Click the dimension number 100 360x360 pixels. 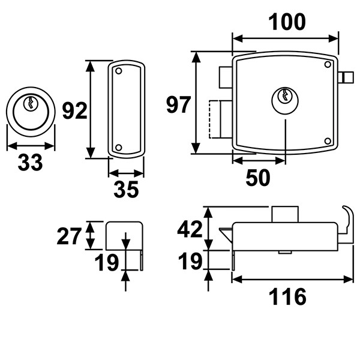(x=287, y=22)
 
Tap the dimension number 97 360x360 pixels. (x=178, y=105)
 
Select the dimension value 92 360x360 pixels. (x=74, y=111)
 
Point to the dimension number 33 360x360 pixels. (x=30, y=163)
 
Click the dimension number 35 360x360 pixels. (x=126, y=190)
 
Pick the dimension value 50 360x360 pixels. (x=258, y=178)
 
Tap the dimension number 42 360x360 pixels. (x=190, y=229)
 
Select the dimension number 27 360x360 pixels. (x=69, y=236)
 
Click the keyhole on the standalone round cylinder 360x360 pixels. (x=31, y=103)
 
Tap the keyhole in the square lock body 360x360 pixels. (x=285, y=95)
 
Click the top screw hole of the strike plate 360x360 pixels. (x=118, y=71)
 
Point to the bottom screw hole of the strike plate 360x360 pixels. (x=118, y=148)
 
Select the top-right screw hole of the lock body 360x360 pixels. (x=328, y=64)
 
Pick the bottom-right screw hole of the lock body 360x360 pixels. (x=328, y=141)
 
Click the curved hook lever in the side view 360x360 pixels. (x=347, y=224)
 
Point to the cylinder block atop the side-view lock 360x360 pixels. (x=285, y=214)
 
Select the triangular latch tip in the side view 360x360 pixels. (x=226, y=235)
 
